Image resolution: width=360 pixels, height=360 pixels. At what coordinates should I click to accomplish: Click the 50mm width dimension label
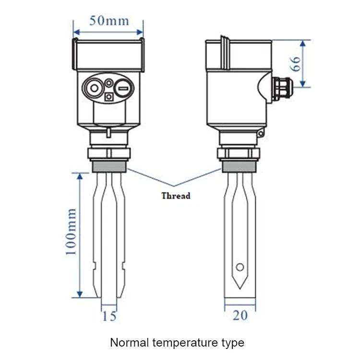coord(109,21)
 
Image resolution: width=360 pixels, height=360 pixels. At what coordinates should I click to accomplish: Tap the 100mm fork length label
coord(71,232)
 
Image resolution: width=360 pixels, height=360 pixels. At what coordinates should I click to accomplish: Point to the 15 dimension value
coord(109,316)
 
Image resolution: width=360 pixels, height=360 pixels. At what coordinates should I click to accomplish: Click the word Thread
coord(176,196)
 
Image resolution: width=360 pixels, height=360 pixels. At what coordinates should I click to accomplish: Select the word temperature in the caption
coord(180,343)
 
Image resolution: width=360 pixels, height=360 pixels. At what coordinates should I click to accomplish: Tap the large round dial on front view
coord(93,87)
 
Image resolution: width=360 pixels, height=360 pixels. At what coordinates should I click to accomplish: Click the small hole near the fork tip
coord(240,267)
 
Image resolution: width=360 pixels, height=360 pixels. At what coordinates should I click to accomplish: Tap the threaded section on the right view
coord(240,167)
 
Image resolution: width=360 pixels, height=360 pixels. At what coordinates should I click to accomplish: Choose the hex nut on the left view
coord(109,154)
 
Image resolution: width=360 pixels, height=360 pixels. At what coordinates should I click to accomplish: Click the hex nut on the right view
coord(240,154)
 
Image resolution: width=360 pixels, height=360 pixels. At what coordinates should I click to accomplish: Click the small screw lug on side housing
coord(260,133)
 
